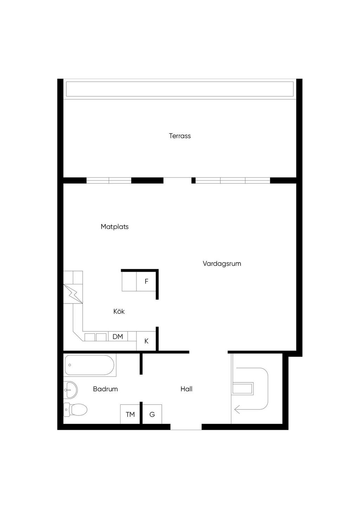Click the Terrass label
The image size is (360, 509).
180,136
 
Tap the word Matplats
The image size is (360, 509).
115,226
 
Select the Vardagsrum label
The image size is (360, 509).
222,264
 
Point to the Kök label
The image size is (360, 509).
119,311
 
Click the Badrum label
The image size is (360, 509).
105,389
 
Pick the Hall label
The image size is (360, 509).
186,389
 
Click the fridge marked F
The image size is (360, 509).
146,281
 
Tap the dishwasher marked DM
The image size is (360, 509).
118,336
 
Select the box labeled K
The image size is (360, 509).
146,341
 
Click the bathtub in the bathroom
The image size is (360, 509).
90,365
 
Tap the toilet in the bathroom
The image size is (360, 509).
75,410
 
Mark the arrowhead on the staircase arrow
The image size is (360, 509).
237,410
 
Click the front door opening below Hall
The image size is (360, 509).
186,427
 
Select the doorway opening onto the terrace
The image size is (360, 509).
178,180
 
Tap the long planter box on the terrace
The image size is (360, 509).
180,89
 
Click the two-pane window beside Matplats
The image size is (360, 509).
109,180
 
